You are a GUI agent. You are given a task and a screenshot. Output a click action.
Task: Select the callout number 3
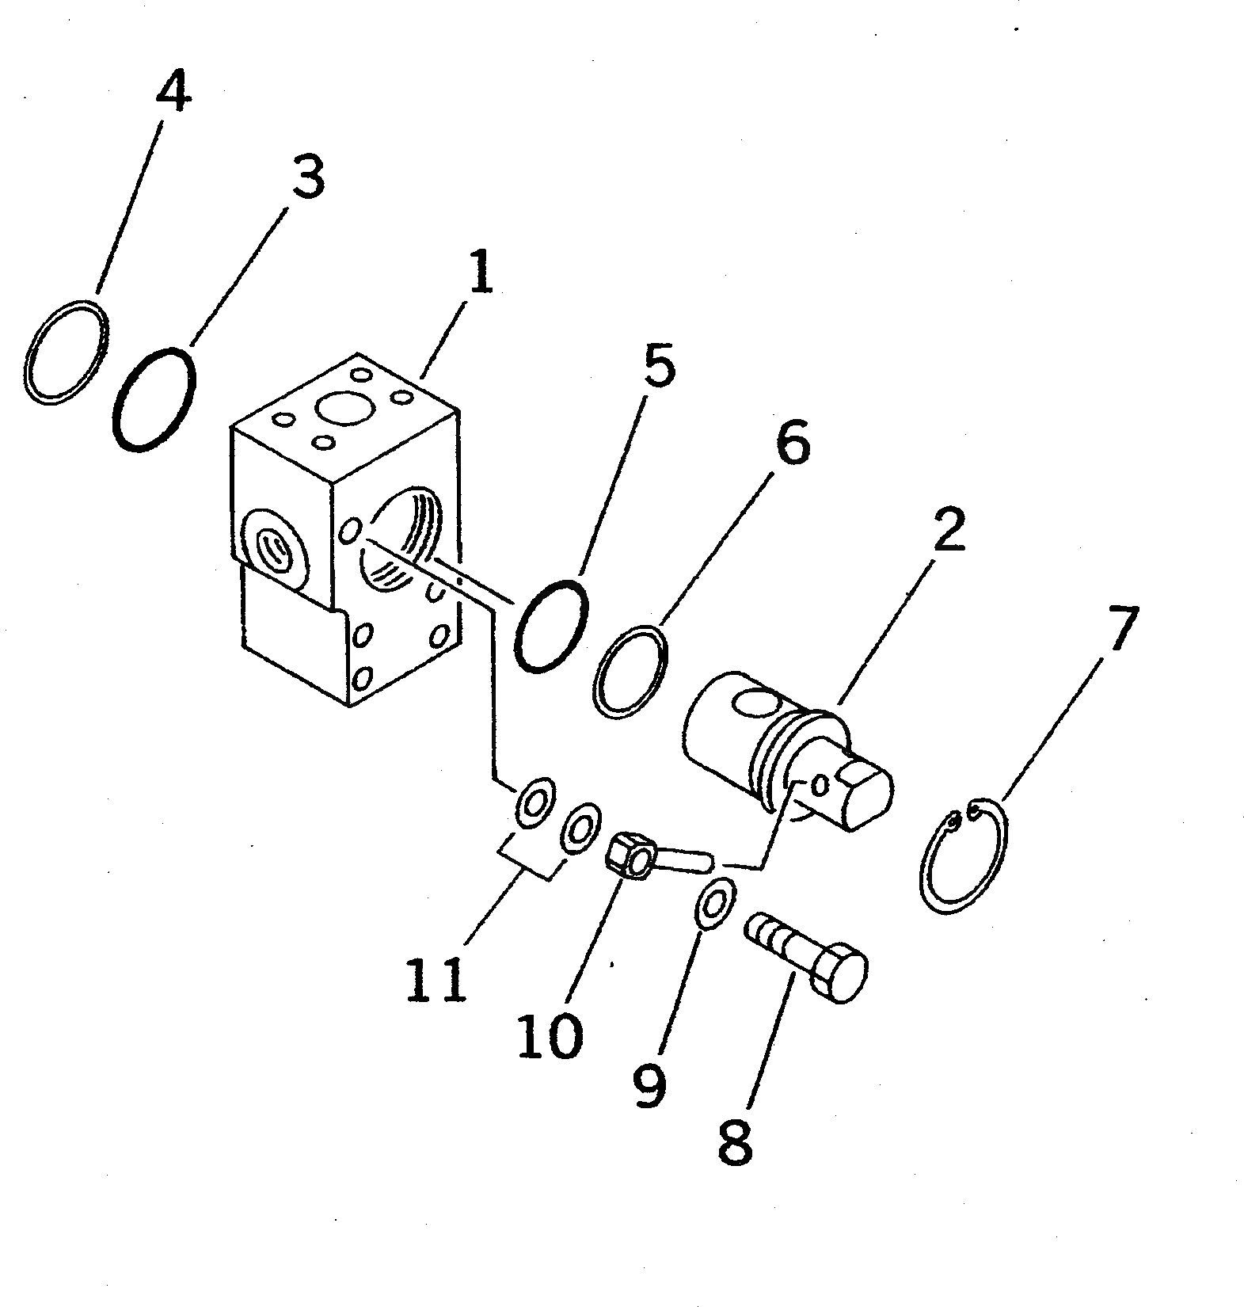(306, 177)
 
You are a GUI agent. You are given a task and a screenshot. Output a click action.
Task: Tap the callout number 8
(735, 1140)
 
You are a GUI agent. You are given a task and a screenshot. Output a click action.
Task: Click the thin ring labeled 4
(67, 352)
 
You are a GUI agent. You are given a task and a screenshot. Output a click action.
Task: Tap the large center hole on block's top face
(345, 410)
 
